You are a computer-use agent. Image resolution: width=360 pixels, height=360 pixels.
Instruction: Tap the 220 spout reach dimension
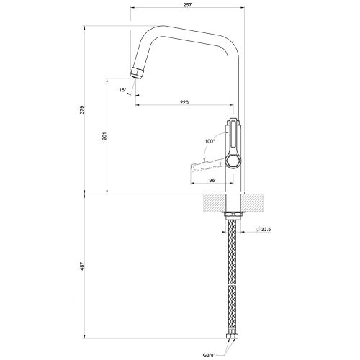184,103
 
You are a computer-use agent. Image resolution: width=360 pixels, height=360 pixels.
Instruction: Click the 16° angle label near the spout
123,90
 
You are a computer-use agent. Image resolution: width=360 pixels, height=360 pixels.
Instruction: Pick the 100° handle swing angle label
210,142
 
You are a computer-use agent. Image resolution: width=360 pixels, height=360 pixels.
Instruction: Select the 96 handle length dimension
213,180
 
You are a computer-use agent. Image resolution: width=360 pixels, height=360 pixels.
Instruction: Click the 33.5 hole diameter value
266,230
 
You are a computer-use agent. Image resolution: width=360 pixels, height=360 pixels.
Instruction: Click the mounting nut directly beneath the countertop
233,213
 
